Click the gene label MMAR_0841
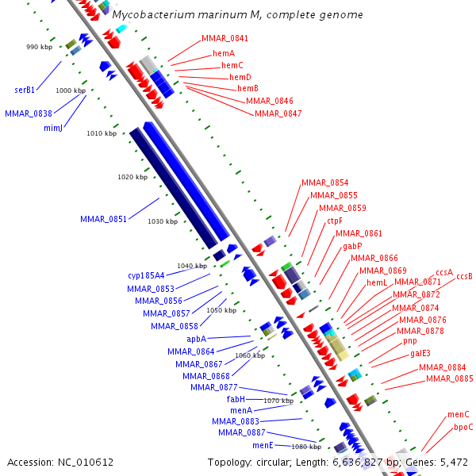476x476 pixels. pyautogui.click(x=225, y=38)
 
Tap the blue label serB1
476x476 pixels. pyautogui.click(x=25, y=90)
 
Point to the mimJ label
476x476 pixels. pyautogui.click(x=53, y=127)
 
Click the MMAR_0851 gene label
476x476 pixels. pyautogui.click(x=103, y=219)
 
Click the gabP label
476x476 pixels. pyautogui.click(x=352, y=246)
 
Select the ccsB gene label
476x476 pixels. pyautogui.click(x=464, y=276)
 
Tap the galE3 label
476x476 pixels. pyautogui.click(x=420, y=353)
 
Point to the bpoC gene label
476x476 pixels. pyautogui.click(x=463, y=427)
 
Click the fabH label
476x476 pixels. pyautogui.click(x=236, y=399)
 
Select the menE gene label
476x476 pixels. pyautogui.click(x=263, y=446)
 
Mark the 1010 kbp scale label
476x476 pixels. pyautogui.click(x=102, y=133)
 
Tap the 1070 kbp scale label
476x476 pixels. pyautogui.click(x=278, y=401)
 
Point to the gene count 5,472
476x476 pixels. pyautogui.click(x=453, y=462)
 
